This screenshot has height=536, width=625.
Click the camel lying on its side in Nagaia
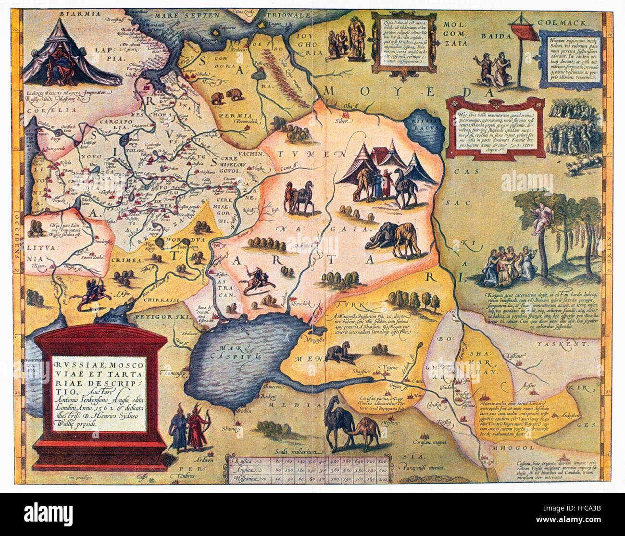click(x=386, y=236)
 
